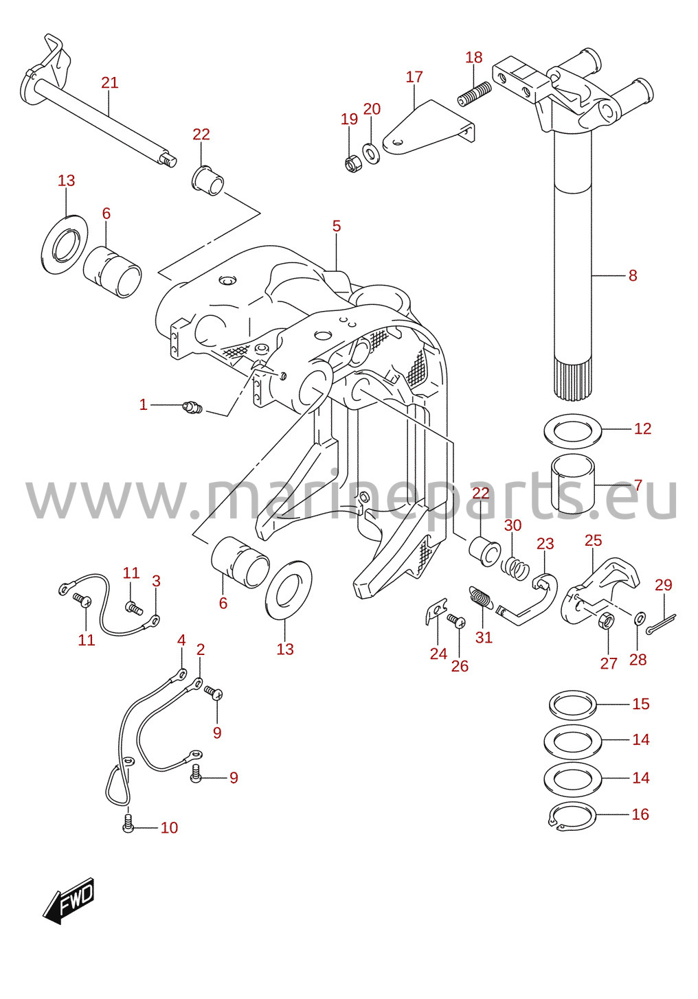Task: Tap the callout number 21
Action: (110, 82)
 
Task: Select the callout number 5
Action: (337, 226)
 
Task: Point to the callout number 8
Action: (633, 275)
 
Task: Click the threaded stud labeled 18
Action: (475, 93)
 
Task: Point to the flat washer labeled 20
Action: (370, 152)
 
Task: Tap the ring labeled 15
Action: (573, 704)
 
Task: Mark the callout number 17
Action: (414, 77)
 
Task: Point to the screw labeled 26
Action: (456, 620)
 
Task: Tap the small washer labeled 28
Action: (640, 618)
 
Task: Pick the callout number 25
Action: (593, 540)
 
